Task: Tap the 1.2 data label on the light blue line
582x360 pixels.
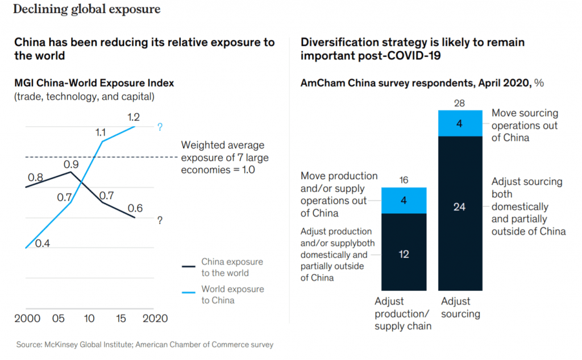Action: (x=134, y=117)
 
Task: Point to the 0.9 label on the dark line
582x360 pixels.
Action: (x=70, y=164)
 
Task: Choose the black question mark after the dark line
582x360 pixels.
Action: (x=160, y=221)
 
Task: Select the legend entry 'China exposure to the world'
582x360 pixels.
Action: (x=232, y=267)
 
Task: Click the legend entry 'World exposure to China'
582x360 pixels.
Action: (x=232, y=295)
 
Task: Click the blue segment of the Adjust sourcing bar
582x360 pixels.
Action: (x=459, y=123)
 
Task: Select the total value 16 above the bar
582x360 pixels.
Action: (x=404, y=180)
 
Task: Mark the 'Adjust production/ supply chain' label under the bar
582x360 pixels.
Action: (x=403, y=313)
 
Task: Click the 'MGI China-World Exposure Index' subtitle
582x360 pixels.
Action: (x=94, y=83)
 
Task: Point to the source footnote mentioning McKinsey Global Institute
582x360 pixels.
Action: (x=145, y=344)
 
